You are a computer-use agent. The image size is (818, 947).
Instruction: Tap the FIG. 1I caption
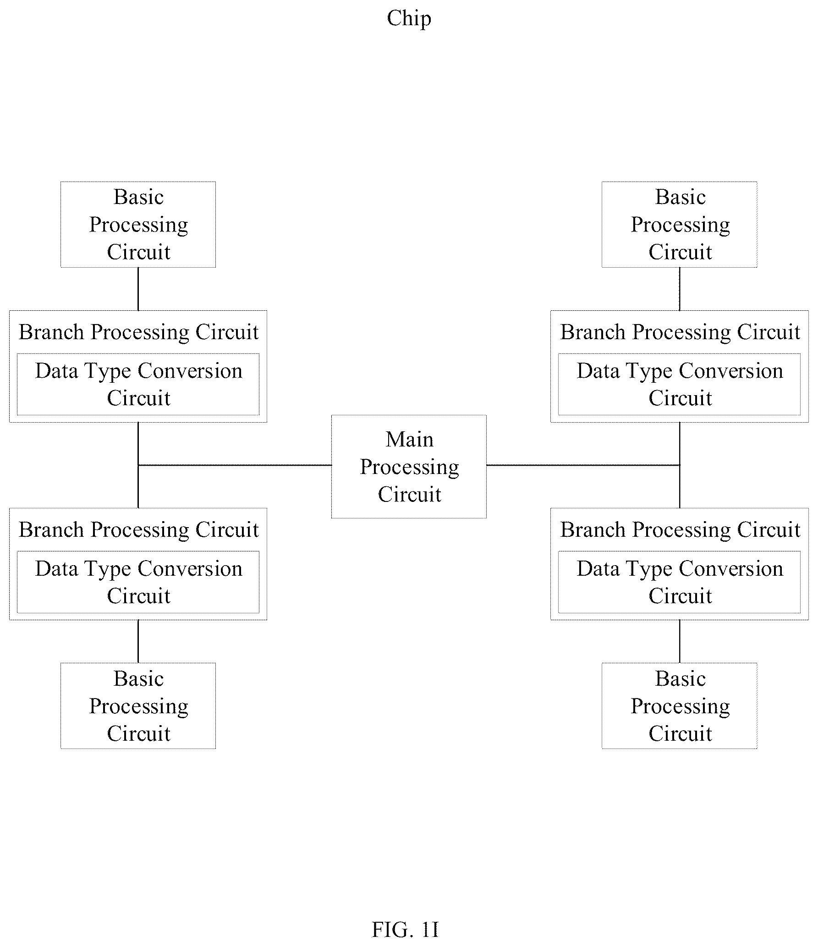click(405, 930)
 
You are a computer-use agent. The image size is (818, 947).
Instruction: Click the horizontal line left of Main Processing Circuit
click(235, 465)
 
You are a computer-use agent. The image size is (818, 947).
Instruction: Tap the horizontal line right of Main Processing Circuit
click(583, 465)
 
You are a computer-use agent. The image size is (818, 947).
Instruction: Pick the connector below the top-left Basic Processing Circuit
click(138, 289)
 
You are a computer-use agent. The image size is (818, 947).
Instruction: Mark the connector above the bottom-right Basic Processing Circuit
click(680, 641)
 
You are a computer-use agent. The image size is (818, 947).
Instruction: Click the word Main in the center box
click(409, 440)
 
